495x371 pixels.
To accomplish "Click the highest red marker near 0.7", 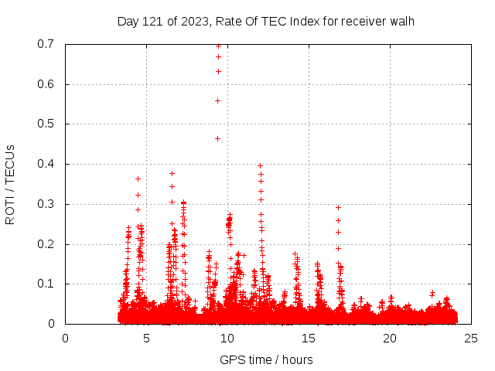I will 218,46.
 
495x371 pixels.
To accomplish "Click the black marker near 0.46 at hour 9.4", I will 217,138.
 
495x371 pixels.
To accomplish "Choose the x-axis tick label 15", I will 309,338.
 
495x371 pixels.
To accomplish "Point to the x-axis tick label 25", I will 471,338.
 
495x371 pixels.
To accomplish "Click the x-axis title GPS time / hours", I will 266,359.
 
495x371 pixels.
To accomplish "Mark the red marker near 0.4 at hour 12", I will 260,165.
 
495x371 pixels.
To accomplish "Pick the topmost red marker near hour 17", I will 338,207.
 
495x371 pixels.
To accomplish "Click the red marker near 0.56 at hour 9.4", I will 217,100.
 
